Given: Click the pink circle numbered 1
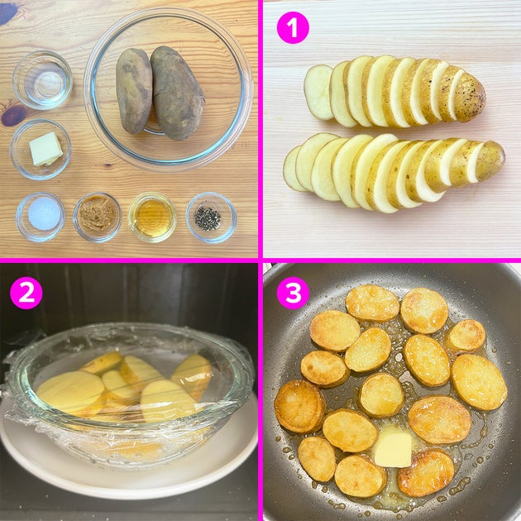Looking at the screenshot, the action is (293, 27).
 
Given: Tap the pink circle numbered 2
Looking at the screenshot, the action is (26, 293).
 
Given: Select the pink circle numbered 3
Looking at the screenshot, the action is (293, 293).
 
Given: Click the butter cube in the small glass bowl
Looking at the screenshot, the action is (45, 149).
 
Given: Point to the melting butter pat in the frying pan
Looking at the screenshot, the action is (393, 450).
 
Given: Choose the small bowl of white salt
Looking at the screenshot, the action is (41, 217).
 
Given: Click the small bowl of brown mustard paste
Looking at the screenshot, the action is (98, 217).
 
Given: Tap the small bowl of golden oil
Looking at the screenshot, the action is (152, 217).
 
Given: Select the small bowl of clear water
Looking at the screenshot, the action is (42, 80).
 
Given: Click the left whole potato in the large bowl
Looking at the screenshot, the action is (134, 91).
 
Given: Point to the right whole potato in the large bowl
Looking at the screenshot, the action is (177, 93).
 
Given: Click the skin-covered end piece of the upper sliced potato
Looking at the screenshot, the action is (469, 98).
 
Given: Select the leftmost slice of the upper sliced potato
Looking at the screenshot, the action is (318, 92).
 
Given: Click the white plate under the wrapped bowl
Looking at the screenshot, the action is (129, 465).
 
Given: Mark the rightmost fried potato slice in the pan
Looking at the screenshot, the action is (479, 382).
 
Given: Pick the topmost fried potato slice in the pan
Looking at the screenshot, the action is (372, 304).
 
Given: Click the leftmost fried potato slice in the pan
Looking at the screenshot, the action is (300, 406).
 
